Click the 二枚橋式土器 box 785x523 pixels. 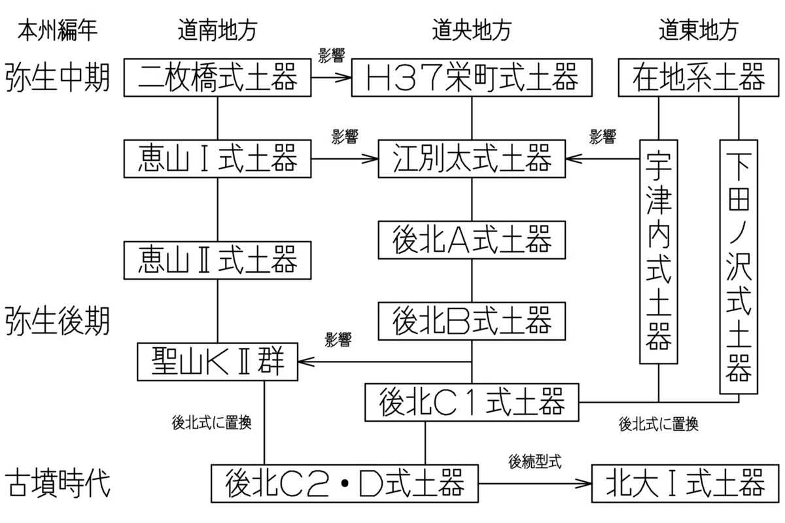click(x=217, y=77)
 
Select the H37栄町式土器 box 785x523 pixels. click(x=472, y=77)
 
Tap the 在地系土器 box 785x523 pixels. click(x=699, y=77)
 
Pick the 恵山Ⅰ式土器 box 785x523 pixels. click(x=217, y=159)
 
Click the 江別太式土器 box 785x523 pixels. click(x=472, y=159)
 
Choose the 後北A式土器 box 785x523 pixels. click(x=472, y=240)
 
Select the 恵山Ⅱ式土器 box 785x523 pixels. click(x=217, y=260)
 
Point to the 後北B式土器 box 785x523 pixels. click(x=472, y=321)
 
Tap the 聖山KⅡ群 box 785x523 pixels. click(x=217, y=362)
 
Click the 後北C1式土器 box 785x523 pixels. click(x=472, y=402)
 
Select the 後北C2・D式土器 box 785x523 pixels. click(x=345, y=484)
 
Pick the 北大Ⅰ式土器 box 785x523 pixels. click(x=686, y=484)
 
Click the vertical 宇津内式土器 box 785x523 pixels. click(x=659, y=252)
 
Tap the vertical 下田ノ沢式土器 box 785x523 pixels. click(x=739, y=267)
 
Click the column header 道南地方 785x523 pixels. click(x=218, y=30)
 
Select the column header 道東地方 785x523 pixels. click(x=699, y=30)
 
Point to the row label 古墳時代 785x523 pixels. click(x=58, y=484)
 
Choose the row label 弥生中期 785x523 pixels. click(x=58, y=77)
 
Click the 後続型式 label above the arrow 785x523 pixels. click(x=535, y=462)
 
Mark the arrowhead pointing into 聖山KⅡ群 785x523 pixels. click(x=305, y=362)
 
